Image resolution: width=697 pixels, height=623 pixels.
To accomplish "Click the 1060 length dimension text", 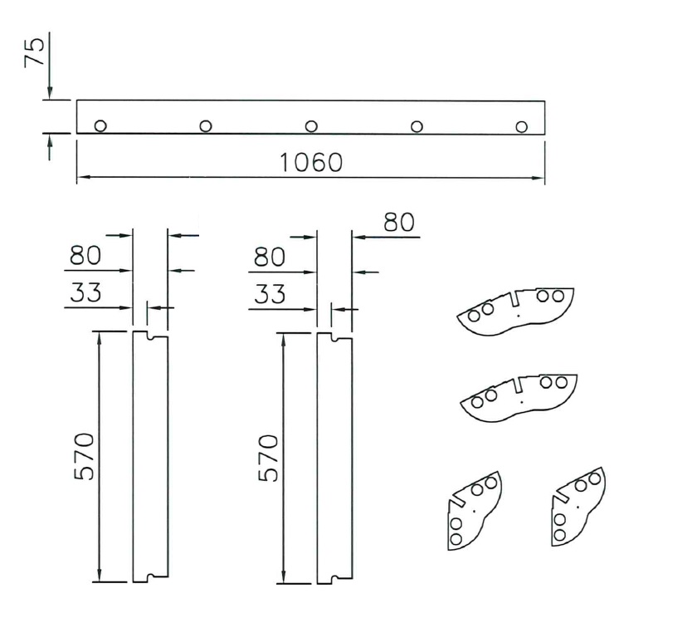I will (310, 162).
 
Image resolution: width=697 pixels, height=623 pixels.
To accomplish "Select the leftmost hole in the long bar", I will (100, 126).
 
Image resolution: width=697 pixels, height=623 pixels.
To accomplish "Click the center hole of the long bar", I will (311, 126).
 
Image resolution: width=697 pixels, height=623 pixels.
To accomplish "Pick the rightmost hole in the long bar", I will (521, 126).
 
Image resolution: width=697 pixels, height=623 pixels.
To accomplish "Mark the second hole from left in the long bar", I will (206, 126).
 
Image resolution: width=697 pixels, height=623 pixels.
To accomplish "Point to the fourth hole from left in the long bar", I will (417, 126).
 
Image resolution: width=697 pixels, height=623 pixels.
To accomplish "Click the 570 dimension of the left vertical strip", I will (85, 456).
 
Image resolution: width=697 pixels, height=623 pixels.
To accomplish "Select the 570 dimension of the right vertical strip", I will (270, 456).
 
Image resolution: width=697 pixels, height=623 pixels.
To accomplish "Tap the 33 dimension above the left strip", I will (85, 294).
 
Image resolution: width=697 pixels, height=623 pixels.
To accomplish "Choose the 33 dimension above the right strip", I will (269, 294).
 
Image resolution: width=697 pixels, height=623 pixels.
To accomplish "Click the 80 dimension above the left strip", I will (85, 257).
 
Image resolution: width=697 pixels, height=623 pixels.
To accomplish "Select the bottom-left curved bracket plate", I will (473, 511).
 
